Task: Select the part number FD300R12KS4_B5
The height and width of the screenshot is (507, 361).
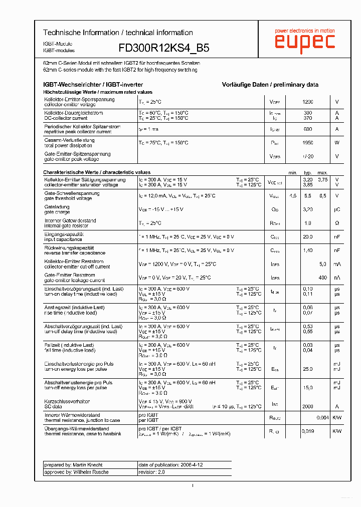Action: [x=164, y=48]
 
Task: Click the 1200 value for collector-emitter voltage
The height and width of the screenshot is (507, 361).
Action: [x=307, y=102]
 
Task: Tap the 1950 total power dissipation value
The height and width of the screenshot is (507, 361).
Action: [x=307, y=143]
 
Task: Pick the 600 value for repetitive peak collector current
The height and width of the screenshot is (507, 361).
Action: [x=307, y=129]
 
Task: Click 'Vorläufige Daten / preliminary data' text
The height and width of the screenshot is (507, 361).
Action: [x=270, y=85]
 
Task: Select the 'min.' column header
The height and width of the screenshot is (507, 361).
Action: [x=293, y=172]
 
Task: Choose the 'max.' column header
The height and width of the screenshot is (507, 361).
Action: [x=322, y=172]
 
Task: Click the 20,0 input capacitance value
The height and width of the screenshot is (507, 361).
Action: [x=307, y=236]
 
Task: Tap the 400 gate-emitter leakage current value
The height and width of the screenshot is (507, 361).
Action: [x=322, y=278]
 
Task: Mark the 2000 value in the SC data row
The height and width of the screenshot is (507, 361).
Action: [x=307, y=406]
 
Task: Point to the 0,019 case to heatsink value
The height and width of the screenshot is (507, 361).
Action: [x=307, y=431]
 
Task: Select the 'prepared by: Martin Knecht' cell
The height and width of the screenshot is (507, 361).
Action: [x=89, y=465]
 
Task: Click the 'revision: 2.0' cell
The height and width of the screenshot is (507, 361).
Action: [x=151, y=472]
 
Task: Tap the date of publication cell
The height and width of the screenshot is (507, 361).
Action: [x=170, y=465]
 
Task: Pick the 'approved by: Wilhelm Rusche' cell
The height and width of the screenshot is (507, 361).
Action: [x=89, y=472]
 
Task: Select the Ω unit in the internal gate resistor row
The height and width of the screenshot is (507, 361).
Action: [x=337, y=223]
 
